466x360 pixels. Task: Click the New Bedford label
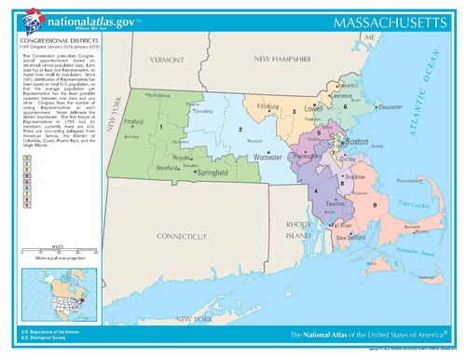click(x=358, y=237)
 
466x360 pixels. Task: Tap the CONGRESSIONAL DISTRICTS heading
click(x=56, y=41)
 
